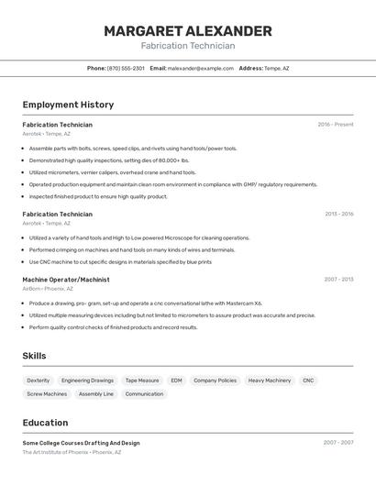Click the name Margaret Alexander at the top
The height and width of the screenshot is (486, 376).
[x=187, y=31]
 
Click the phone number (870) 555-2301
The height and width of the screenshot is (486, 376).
[x=126, y=68]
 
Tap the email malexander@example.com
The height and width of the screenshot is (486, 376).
[x=201, y=68]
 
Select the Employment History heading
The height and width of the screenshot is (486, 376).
[x=68, y=105]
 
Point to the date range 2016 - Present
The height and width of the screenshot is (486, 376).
[x=336, y=125]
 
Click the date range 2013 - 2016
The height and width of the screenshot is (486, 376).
[x=338, y=214]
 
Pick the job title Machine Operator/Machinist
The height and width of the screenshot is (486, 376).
[x=66, y=280]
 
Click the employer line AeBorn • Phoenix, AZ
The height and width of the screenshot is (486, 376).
[x=48, y=289]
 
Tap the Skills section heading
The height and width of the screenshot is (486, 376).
[x=34, y=356]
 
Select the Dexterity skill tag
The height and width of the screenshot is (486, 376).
[x=39, y=380]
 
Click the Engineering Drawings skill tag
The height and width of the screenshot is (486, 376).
[x=88, y=380]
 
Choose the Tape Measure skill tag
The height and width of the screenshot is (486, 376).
[x=142, y=380]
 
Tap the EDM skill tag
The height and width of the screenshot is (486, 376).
[x=176, y=380]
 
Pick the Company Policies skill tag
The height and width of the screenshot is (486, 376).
[x=215, y=380]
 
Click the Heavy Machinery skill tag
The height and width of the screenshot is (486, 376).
[x=270, y=380]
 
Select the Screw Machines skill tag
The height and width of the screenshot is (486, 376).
[x=47, y=394]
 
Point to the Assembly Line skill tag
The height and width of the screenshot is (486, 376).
[x=96, y=394]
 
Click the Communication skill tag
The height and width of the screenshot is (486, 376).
[x=144, y=394]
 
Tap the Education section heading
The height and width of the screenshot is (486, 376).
[x=45, y=423]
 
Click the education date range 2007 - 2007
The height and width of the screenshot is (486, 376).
[x=338, y=443]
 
